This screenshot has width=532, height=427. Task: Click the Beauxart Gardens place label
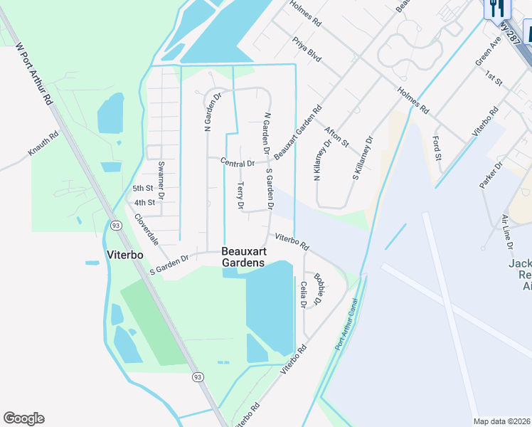pos(243,257)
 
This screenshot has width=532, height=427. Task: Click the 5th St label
pos(143,189)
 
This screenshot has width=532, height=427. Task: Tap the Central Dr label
pos(238,163)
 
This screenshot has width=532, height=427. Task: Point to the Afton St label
pos(336,136)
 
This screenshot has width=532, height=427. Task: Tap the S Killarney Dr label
pos(361,157)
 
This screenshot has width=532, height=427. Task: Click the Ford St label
pos(437,147)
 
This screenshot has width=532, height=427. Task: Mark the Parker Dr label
pos(491,175)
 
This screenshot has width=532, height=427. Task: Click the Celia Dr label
pos(304,294)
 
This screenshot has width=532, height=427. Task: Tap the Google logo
pos(23,418)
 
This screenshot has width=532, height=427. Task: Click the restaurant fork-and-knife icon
pos(496,8)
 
